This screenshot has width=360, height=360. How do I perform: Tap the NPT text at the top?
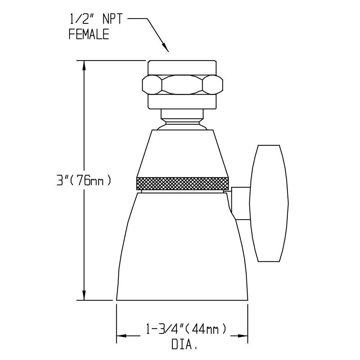pos(112,19)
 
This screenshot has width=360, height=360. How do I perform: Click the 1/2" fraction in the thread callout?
pos(81,19)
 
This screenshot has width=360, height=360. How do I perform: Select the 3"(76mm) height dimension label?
pos(84,181)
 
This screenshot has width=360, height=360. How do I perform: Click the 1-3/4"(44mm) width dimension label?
pos(186,329)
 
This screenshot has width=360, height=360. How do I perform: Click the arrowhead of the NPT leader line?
pos(166,48)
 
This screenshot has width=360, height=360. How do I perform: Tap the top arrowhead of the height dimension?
pos(84,66)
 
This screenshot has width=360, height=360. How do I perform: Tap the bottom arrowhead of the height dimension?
pos(84,294)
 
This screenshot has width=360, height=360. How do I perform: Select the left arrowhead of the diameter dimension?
pos(122,336)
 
